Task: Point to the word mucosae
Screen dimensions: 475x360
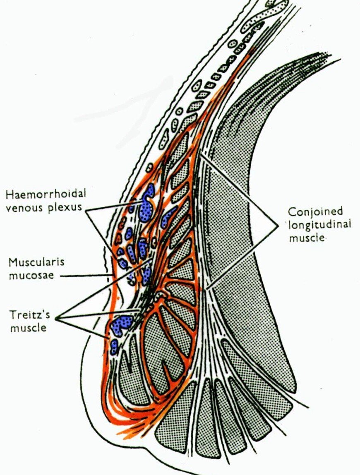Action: point(31,275)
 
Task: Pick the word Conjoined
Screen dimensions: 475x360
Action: point(315,212)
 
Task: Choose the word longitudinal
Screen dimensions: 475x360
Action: point(319,225)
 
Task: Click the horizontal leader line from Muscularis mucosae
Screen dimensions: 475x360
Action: point(87,275)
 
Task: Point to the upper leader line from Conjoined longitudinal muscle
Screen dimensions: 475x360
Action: point(240,190)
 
